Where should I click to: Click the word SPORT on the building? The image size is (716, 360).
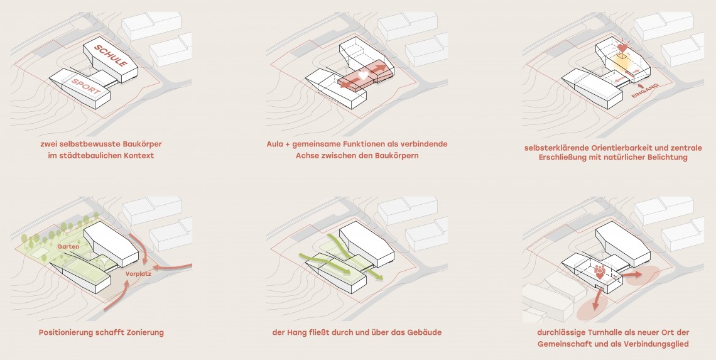pyautogui.click(x=86, y=86)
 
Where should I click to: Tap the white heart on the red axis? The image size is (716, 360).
pyautogui.click(x=363, y=75)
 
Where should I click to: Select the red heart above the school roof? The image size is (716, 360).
pyautogui.click(x=622, y=48)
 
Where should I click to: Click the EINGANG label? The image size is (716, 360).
pyautogui.click(x=645, y=90)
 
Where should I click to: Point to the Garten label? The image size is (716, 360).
pyautogui.click(x=68, y=246)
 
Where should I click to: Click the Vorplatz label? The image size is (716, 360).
pyautogui.click(x=138, y=274)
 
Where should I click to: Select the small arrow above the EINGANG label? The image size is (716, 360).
pyautogui.click(x=641, y=85)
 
